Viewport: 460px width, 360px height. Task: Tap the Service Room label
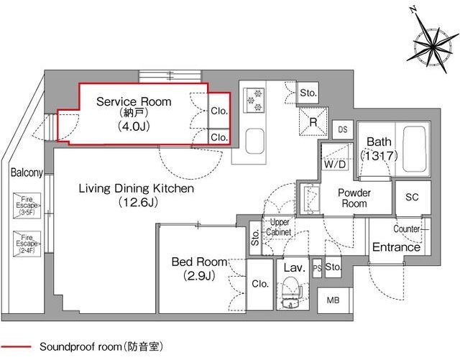click(x=134, y=101)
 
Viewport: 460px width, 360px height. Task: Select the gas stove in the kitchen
click(x=254, y=100)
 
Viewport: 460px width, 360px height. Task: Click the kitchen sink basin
click(x=254, y=141)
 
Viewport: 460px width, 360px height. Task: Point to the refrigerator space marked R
click(x=313, y=121)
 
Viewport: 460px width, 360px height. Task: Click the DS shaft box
click(x=343, y=129)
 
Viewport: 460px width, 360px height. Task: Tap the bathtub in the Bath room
click(x=414, y=149)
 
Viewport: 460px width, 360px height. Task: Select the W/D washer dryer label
click(x=335, y=165)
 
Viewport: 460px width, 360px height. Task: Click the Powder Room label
click(x=354, y=198)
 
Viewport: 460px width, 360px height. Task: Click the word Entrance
click(x=396, y=247)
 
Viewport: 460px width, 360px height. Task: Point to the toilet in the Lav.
click(x=292, y=292)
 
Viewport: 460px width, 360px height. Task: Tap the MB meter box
click(x=333, y=300)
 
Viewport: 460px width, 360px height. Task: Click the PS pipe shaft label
click(x=317, y=267)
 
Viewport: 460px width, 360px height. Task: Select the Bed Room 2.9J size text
click(x=199, y=276)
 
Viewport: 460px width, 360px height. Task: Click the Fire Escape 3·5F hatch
click(x=27, y=206)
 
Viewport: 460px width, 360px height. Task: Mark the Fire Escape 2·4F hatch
click(x=27, y=244)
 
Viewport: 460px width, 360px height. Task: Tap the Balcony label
click(x=27, y=172)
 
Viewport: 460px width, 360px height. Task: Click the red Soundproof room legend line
click(x=16, y=347)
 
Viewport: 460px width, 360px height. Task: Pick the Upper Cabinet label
click(x=279, y=227)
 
